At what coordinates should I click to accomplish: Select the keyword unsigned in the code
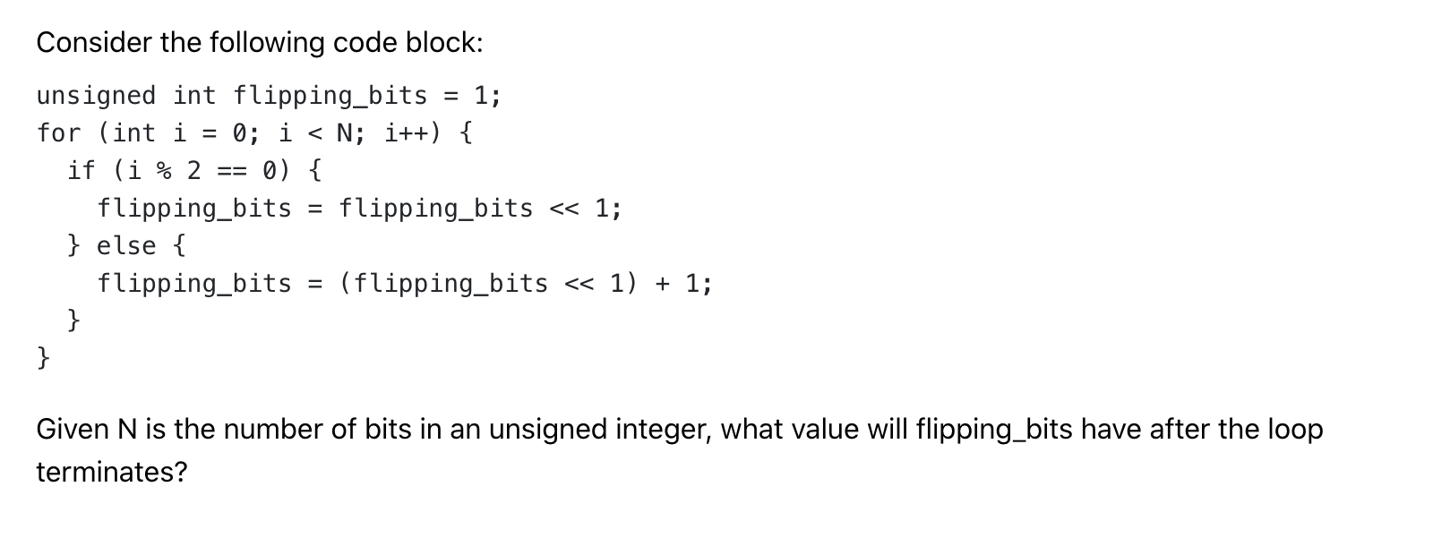pyautogui.click(x=96, y=96)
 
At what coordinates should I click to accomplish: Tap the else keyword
pyautogui.click(x=126, y=245)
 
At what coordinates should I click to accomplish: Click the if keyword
pyautogui.click(x=82, y=170)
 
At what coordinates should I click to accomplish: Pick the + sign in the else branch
pyautogui.click(x=662, y=284)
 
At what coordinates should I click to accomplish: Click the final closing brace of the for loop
pyautogui.click(x=44, y=358)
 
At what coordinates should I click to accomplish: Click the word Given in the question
pyautogui.click(x=73, y=430)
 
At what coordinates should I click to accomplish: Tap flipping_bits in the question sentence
pyautogui.click(x=994, y=430)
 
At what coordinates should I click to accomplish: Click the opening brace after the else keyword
pyautogui.click(x=179, y=245)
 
